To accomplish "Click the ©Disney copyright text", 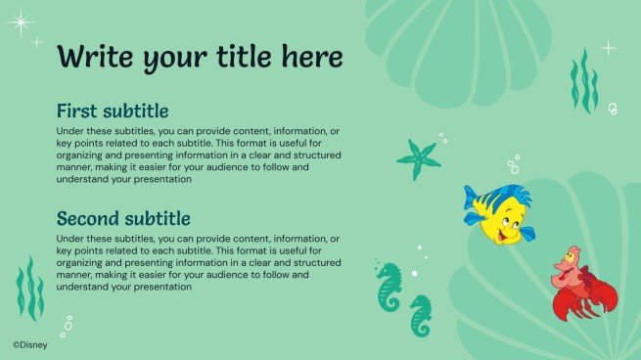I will click(x=30, y=343).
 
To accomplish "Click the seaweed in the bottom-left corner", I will click(x=30, y=290).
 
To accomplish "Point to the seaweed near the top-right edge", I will click(x=584, y=83).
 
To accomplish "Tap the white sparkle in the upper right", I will click(x=608, y=47).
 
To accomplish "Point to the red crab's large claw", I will click(x=565, y=305).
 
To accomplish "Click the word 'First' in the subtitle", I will click(x=77, y=111).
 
